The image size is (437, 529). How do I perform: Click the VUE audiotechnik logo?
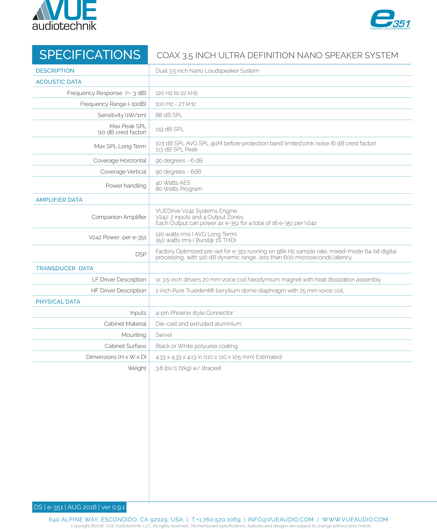(x=64, y=15)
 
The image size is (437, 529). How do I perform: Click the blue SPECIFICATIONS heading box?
(x=90, y=55)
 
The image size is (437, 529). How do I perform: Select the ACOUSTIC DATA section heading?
(x=59, y=82)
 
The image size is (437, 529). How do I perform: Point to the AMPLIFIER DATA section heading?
(x=59, y=200)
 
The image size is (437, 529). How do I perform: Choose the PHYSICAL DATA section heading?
(x=58, y=302)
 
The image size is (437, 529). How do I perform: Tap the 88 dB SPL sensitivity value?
(x=169, y=115)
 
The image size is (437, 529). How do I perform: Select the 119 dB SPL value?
(x=170, y=129)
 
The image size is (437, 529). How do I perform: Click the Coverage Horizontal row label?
(x=120, y=161)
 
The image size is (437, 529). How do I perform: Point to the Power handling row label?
(x=126, y=186)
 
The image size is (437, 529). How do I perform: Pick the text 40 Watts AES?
(x=173, y=183)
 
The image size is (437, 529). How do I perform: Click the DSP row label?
(x=141, y=254)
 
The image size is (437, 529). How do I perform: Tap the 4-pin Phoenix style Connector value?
(x=194, y=313)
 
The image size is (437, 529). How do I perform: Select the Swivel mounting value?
(x=164, y=335)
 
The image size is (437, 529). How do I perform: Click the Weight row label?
(x=137, y=368)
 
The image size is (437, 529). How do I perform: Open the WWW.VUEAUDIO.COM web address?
(x=355, y=519)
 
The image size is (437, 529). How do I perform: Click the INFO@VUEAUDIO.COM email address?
(x=280, y=519)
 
